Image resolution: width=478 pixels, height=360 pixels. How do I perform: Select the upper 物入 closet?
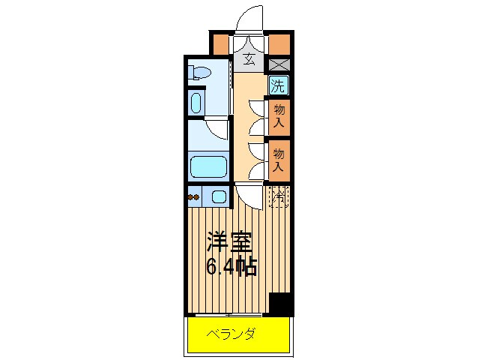point(279,115)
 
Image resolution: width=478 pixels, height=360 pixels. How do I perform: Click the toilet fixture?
point(199,73)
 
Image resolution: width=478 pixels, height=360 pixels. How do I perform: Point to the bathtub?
point(208,166)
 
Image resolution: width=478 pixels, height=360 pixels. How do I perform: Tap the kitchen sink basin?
point(218,197)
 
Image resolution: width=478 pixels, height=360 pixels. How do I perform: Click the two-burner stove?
point(195,198)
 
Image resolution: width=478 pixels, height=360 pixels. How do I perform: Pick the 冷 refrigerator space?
point(279,197)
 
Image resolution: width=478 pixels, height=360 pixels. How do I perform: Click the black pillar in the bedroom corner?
point(279,304)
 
